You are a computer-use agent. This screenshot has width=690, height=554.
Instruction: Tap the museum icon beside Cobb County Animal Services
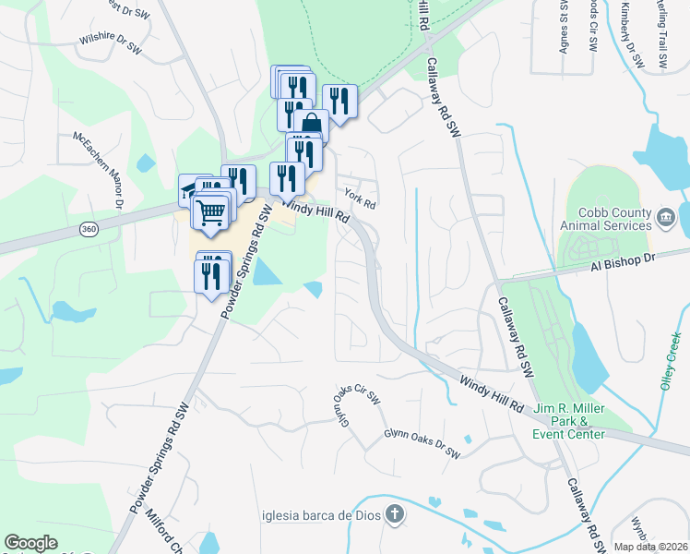point(664,219)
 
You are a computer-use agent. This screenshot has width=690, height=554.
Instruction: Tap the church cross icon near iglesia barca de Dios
point(394,514)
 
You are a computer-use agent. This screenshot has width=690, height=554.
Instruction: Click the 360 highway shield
point(89,228)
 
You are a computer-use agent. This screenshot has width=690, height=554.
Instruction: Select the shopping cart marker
point(211,211)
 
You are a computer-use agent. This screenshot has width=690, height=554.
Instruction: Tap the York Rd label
point(359,196)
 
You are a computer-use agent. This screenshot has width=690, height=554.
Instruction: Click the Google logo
point(30,543)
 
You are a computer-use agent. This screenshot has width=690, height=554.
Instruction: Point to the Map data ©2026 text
point(651,547)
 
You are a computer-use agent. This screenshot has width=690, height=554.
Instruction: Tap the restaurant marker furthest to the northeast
point(339,102)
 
